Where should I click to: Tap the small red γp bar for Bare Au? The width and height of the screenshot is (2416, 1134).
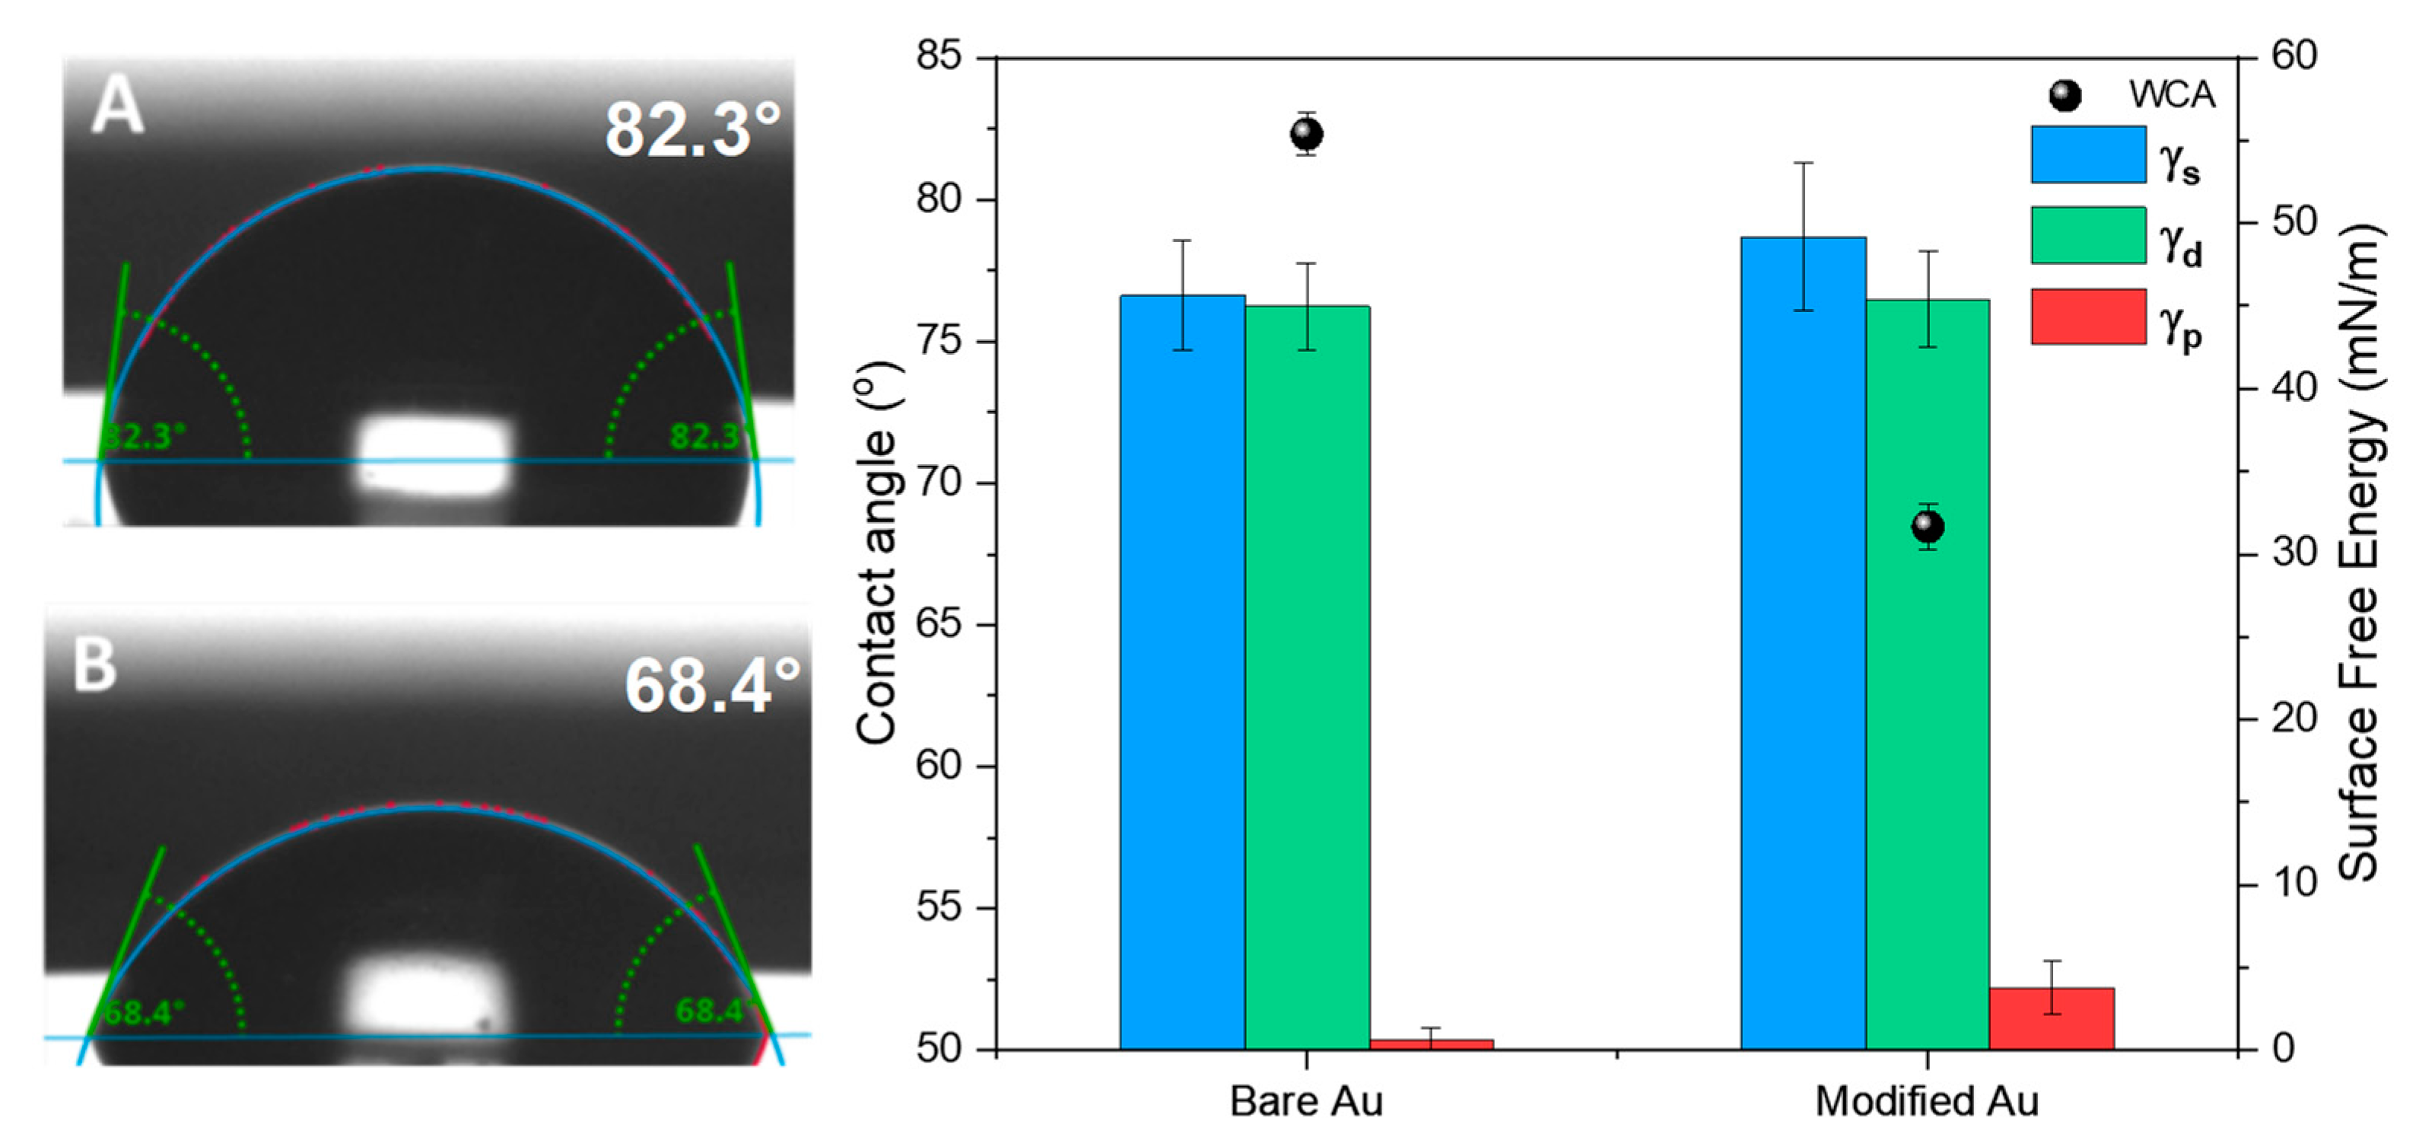[x=1431, y=1043]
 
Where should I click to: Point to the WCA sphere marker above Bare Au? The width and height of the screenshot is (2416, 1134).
[x=1306, y=134]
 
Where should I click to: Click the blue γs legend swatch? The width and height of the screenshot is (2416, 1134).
[x=2087, y=154]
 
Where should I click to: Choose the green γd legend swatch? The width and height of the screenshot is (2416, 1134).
[x=2087, y=235]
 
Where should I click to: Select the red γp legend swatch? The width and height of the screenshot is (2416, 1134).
[x=2087, y=316]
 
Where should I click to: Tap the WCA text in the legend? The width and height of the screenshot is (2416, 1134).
[x=2171, y=94]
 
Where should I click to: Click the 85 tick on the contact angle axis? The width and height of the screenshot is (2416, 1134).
[x=939, y=56]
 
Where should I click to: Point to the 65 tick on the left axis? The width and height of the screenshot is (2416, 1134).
[x=939, y=625]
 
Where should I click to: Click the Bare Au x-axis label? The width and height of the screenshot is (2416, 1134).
[x=1305, y=1101]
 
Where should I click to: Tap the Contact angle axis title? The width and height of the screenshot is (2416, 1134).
[x=878, y=553]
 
